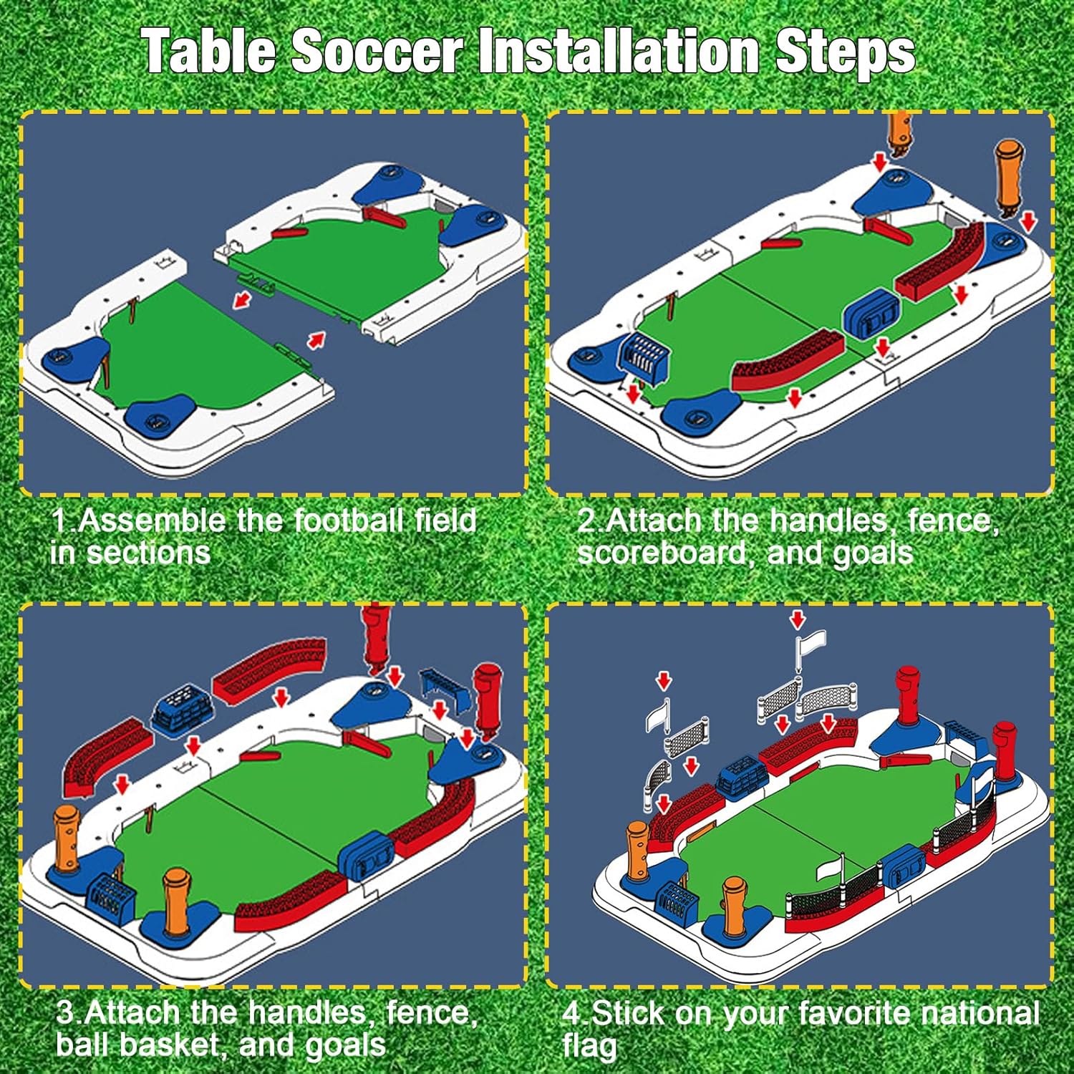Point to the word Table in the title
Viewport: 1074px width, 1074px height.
click(208, 51)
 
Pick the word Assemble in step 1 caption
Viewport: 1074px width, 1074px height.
click(153, 521)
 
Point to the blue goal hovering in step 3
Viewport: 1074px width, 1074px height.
click(444, 689)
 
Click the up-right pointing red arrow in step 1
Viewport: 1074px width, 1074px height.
click(316, 339)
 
